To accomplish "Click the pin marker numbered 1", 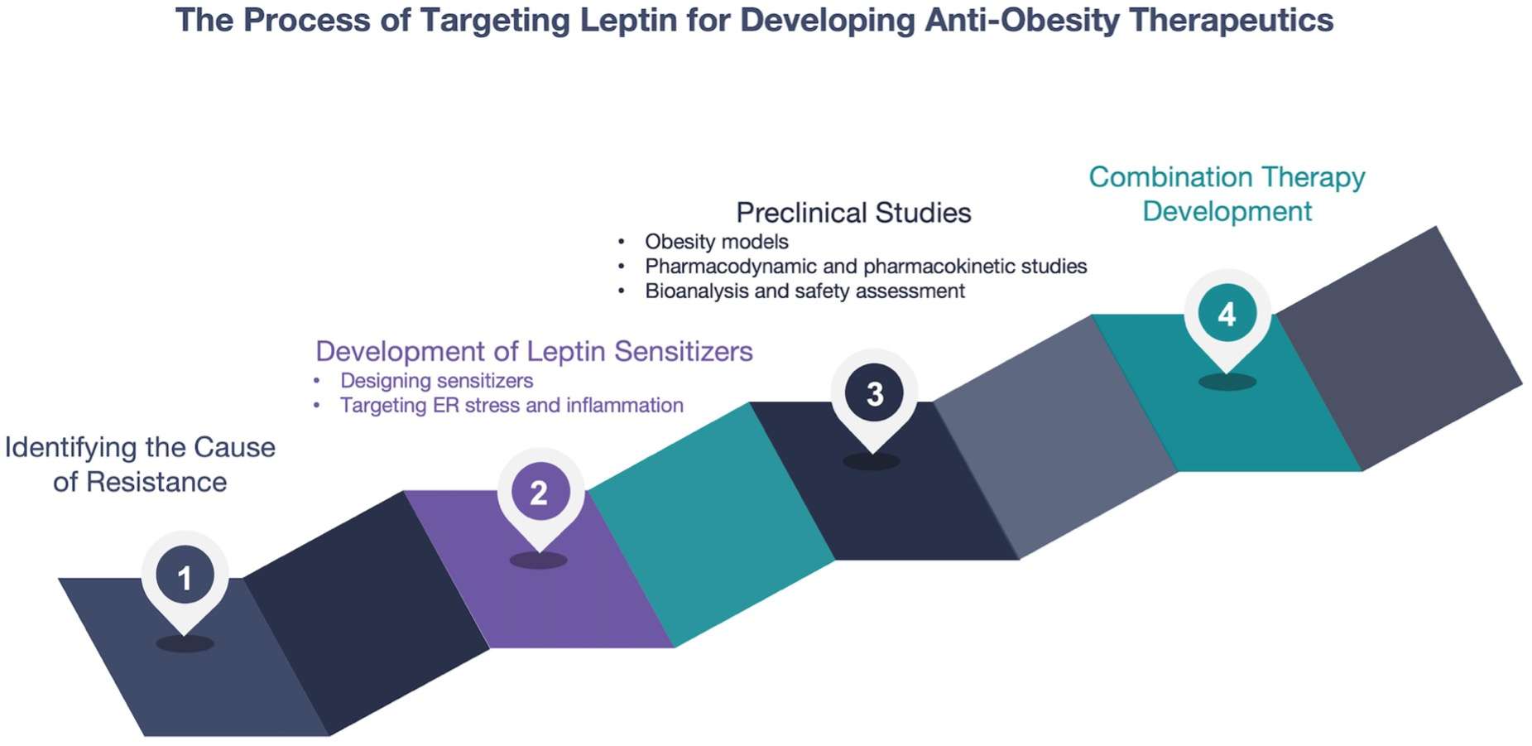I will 185,577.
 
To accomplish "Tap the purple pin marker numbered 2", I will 539,493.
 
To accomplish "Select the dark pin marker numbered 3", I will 874,393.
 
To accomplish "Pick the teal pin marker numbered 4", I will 1227,314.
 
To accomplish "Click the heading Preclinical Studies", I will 853,213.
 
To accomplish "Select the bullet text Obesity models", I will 716,242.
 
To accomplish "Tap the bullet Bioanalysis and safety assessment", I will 804,291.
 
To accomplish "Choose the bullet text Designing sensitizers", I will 436,381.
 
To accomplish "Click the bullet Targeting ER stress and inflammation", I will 511,406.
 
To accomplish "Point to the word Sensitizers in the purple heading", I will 683,351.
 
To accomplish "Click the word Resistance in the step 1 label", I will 156,482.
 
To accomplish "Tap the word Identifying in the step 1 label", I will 70,447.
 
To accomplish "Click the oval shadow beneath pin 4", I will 1227,382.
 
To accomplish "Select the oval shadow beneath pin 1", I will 185,643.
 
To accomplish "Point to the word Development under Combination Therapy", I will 1227,212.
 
